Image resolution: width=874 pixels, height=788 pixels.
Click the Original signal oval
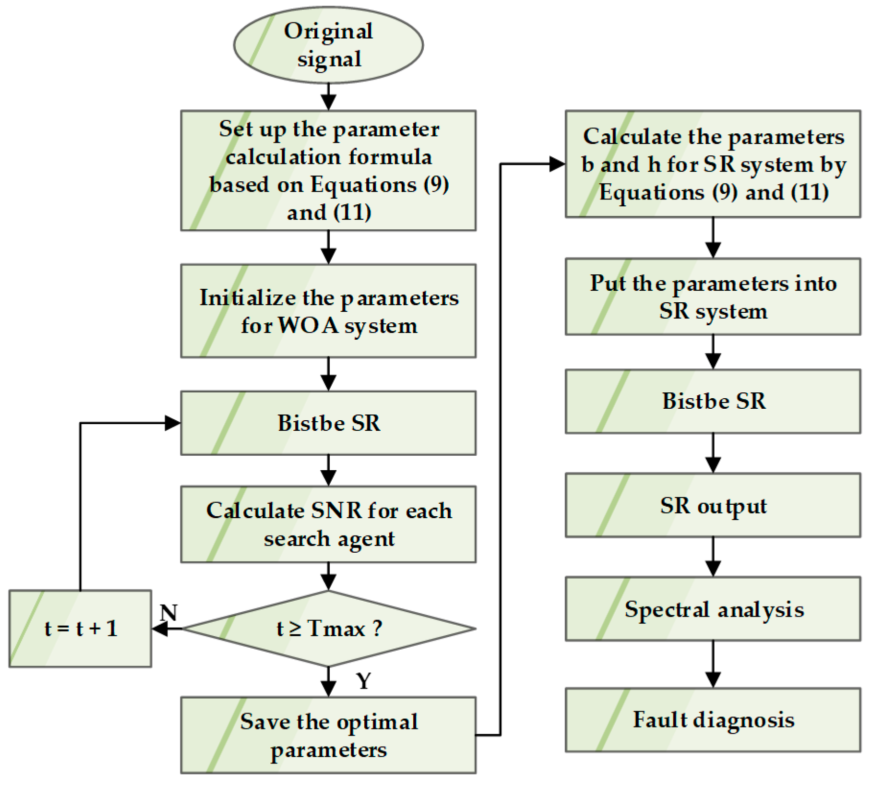click(328, 45)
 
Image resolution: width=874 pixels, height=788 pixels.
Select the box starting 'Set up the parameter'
click(328, 170)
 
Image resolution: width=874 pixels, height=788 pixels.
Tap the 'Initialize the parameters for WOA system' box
click(328, 311)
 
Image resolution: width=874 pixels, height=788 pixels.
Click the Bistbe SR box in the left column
click(328, 423)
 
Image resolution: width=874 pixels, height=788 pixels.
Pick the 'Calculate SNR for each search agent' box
click(328, 524)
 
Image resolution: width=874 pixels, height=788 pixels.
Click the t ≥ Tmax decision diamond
click(328, 628)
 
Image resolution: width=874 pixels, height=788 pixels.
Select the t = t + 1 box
click(80, 628)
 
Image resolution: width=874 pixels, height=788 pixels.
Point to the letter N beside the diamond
click(169, 613)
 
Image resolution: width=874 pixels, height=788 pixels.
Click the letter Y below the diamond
click(364, 681)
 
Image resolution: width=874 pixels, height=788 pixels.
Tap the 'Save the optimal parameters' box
click(328, 735)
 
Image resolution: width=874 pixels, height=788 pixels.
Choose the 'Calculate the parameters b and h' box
click(713, 164)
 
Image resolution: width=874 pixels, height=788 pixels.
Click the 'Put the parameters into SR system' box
click(713, 296)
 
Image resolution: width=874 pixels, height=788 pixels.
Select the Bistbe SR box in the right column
click(713, 401)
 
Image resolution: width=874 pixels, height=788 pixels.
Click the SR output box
click(713, 505)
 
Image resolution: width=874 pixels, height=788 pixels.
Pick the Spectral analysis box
click(713, 609)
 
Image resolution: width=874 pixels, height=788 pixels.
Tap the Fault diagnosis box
click(713, 720)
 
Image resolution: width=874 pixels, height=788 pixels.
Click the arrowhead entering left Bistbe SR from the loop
click(173, 423)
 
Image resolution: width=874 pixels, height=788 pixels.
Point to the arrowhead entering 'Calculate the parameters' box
click(557, 164)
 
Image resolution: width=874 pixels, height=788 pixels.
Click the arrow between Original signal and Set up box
click(328, 96)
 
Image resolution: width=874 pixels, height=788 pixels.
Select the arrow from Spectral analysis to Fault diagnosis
click(713, 664)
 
